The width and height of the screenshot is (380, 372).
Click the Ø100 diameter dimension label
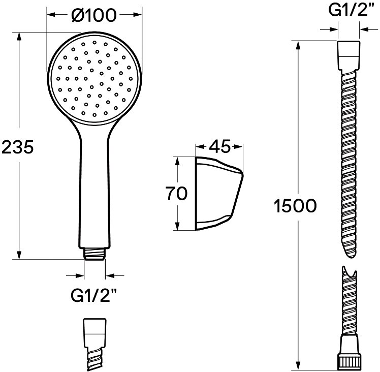click(94, 15)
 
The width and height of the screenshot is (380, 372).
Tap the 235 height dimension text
click(17, 147)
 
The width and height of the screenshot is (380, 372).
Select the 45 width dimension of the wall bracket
click(219, 146)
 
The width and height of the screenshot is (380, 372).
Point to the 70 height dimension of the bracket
click(176, 193)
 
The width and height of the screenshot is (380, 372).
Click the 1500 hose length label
click(295, 206)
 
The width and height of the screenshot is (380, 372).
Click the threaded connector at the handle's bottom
click(95, 254)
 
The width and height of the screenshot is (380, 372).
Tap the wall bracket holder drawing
click(219, 194)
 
